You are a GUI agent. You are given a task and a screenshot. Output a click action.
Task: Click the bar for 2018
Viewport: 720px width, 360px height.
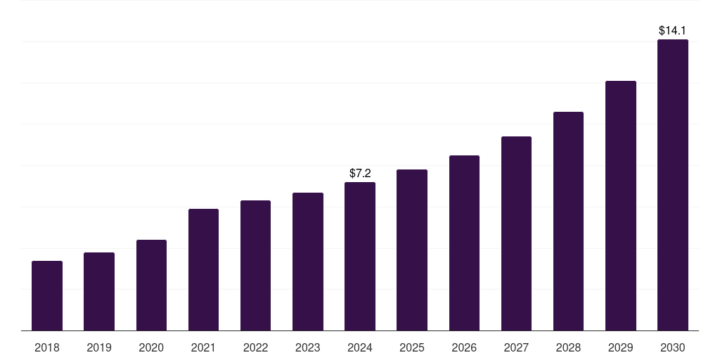(47, 295)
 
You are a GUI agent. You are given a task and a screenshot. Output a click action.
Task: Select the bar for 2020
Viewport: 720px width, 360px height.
(151, 285)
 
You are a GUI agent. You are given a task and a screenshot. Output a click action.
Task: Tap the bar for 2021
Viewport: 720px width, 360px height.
(203, 269)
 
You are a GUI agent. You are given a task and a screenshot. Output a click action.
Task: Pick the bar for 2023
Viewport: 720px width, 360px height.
(308, 262)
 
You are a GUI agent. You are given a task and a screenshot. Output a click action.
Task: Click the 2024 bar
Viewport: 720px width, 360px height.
(360, 256)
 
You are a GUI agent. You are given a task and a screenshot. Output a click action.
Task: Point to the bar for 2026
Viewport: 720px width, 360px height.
(464, 243)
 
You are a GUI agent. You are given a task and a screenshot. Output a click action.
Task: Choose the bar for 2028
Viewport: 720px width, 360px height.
(568, 221)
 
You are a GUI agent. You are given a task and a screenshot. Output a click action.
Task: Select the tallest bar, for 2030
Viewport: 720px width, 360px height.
(673, 185)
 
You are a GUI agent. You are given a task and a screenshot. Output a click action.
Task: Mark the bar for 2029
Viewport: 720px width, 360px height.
(621, 205)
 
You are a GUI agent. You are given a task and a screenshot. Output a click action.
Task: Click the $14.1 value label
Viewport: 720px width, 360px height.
(673, 31)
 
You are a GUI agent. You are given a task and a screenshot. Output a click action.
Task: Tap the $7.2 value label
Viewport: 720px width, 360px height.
(360, 173)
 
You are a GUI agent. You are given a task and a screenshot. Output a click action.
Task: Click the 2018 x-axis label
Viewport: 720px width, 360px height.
(47, 347)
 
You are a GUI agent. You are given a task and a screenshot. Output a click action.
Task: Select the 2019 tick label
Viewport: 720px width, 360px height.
(99, 347)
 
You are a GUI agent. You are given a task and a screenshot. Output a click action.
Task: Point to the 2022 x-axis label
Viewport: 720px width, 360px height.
(256, 347)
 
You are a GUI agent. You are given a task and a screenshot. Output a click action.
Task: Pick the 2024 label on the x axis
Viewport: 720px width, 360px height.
(360, 347)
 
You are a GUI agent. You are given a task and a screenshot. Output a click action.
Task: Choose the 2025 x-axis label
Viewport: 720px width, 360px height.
(412, 347)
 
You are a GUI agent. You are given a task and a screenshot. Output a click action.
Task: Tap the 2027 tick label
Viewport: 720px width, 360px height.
(516, 347)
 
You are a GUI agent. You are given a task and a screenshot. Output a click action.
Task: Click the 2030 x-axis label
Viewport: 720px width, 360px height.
(673, 347)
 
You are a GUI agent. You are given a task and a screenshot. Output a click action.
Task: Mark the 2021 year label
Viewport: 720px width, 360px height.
(203, 347)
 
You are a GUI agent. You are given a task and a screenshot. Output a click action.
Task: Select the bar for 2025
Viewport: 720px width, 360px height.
(412, 250)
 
